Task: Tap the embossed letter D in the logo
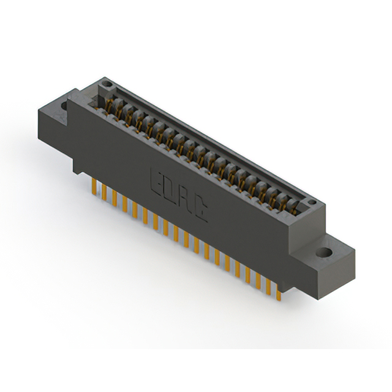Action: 172,190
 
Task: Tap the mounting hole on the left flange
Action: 64,105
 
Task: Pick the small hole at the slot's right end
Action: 311,202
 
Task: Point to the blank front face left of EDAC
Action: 110,147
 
